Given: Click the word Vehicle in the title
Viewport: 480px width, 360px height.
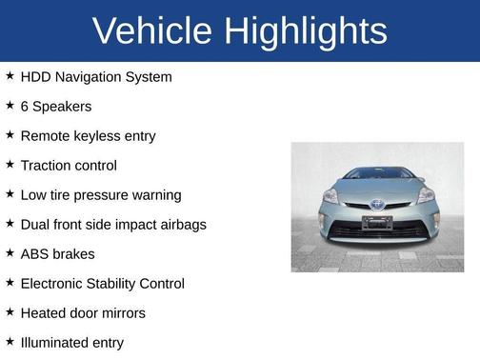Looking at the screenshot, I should pos(152,31).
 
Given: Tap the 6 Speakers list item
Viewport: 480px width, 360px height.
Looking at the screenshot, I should pos(56,106).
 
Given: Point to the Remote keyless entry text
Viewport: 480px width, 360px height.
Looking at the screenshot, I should pos(88,135).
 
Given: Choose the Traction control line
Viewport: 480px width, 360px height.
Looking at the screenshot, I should pos(69,165).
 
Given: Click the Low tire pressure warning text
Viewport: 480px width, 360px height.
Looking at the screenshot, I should pos(100,194).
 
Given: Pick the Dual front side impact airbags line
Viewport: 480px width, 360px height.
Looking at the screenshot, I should pos(113,224).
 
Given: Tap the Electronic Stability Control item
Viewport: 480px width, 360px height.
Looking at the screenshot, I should pos(102,283).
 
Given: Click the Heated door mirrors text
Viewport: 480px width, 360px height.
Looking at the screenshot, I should pos(83,312).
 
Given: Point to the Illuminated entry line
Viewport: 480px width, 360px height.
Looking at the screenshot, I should pos(71,342).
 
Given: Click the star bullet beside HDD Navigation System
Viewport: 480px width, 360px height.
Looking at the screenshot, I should pos(10,75).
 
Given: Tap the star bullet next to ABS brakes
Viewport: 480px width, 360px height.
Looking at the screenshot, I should pos(10,252).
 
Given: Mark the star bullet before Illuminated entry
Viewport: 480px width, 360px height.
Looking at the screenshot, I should pos(10,341).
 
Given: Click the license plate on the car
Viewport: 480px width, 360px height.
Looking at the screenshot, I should pos(377,222).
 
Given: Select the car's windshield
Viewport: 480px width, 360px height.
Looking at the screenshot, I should pos(378,174).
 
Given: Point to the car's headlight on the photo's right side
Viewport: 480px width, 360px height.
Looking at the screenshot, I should pos(425,195).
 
